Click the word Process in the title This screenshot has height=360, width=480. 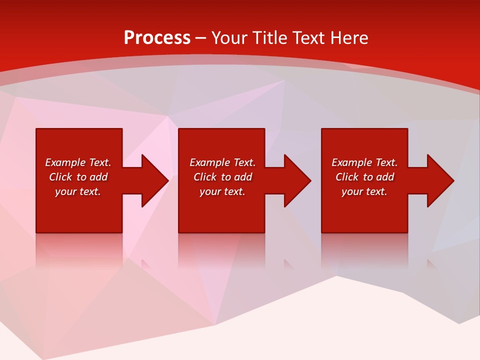tap(157, 38)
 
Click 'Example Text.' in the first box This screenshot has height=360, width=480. tap(78, 162)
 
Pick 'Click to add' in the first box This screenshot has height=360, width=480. tap(78, 177)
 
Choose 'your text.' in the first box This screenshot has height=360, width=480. tap(78, 191)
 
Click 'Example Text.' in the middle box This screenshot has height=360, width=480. tap(222, 162)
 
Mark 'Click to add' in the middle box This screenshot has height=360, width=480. tap(222, 177)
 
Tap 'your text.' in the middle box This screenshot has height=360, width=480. tap(222, 191)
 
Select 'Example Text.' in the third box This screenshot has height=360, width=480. tap(364, 162)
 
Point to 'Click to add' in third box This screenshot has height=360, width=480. tap(364, 177)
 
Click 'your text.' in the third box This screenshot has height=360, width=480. tap(364, 191)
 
